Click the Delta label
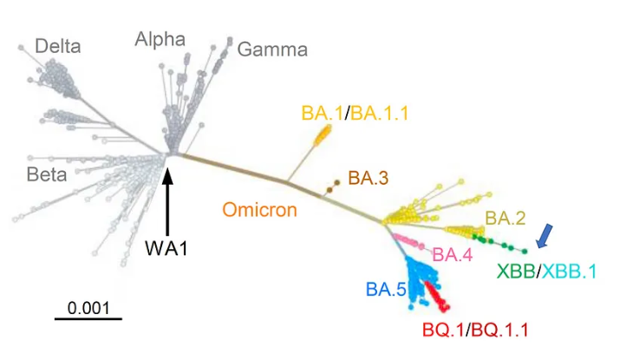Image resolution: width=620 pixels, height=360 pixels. (57, 46)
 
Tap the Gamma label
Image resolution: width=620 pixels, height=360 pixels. (272, 49)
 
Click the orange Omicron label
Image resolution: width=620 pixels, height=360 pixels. (259, 210)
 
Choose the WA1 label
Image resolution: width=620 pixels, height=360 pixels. (167, 248)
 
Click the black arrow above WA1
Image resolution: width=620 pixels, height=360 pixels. (167, 196)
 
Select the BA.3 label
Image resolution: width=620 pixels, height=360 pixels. (368, 179)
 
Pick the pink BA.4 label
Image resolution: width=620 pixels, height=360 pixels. (452, 254)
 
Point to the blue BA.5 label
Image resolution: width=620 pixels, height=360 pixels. (385, 289)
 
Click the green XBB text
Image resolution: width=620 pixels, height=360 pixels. (515, 271)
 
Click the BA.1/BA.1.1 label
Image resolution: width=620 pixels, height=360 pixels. (354, 113)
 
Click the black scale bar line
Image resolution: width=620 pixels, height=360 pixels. (88, 318)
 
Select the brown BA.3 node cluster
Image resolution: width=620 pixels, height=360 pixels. (332, 187)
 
